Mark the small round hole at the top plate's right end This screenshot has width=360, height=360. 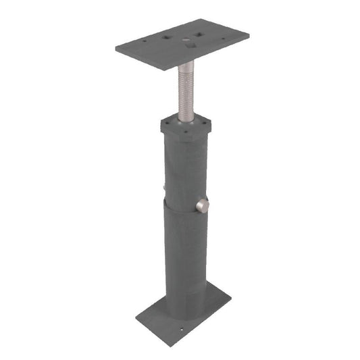point(224,38)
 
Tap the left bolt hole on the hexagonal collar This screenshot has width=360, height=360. point(167,122)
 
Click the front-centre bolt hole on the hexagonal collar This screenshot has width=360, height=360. point(186,131)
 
